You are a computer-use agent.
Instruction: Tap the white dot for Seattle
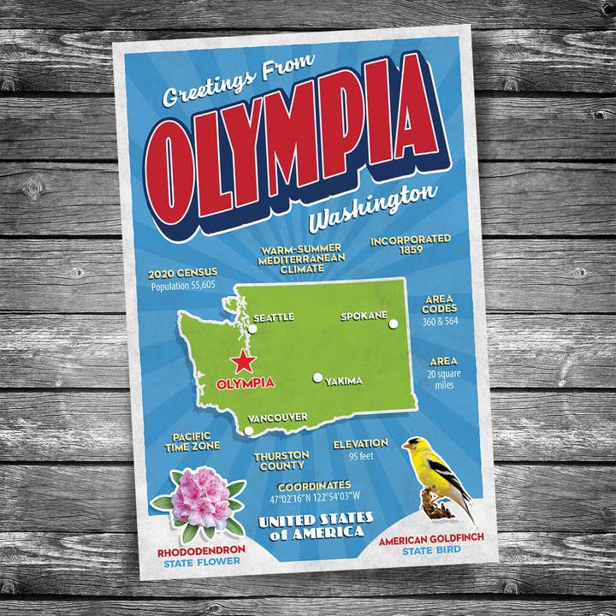[x=252, y=328]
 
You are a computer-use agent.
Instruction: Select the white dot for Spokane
[x=394, y=324]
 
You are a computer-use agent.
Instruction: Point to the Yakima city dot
[x=317, y=377]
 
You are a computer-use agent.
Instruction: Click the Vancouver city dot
[x=249, y=430]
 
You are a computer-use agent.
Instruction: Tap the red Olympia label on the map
[x=246, y=383]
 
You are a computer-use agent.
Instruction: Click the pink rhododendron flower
[x=199, y=499]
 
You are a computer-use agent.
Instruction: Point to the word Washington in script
[x=372, y=208]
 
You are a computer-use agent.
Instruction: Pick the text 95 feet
[x=360, y=457]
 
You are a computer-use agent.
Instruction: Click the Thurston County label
[x=281, y=460]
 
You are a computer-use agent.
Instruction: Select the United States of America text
[x=317, y=525]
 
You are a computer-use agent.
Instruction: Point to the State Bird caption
[x=430, y=551]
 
